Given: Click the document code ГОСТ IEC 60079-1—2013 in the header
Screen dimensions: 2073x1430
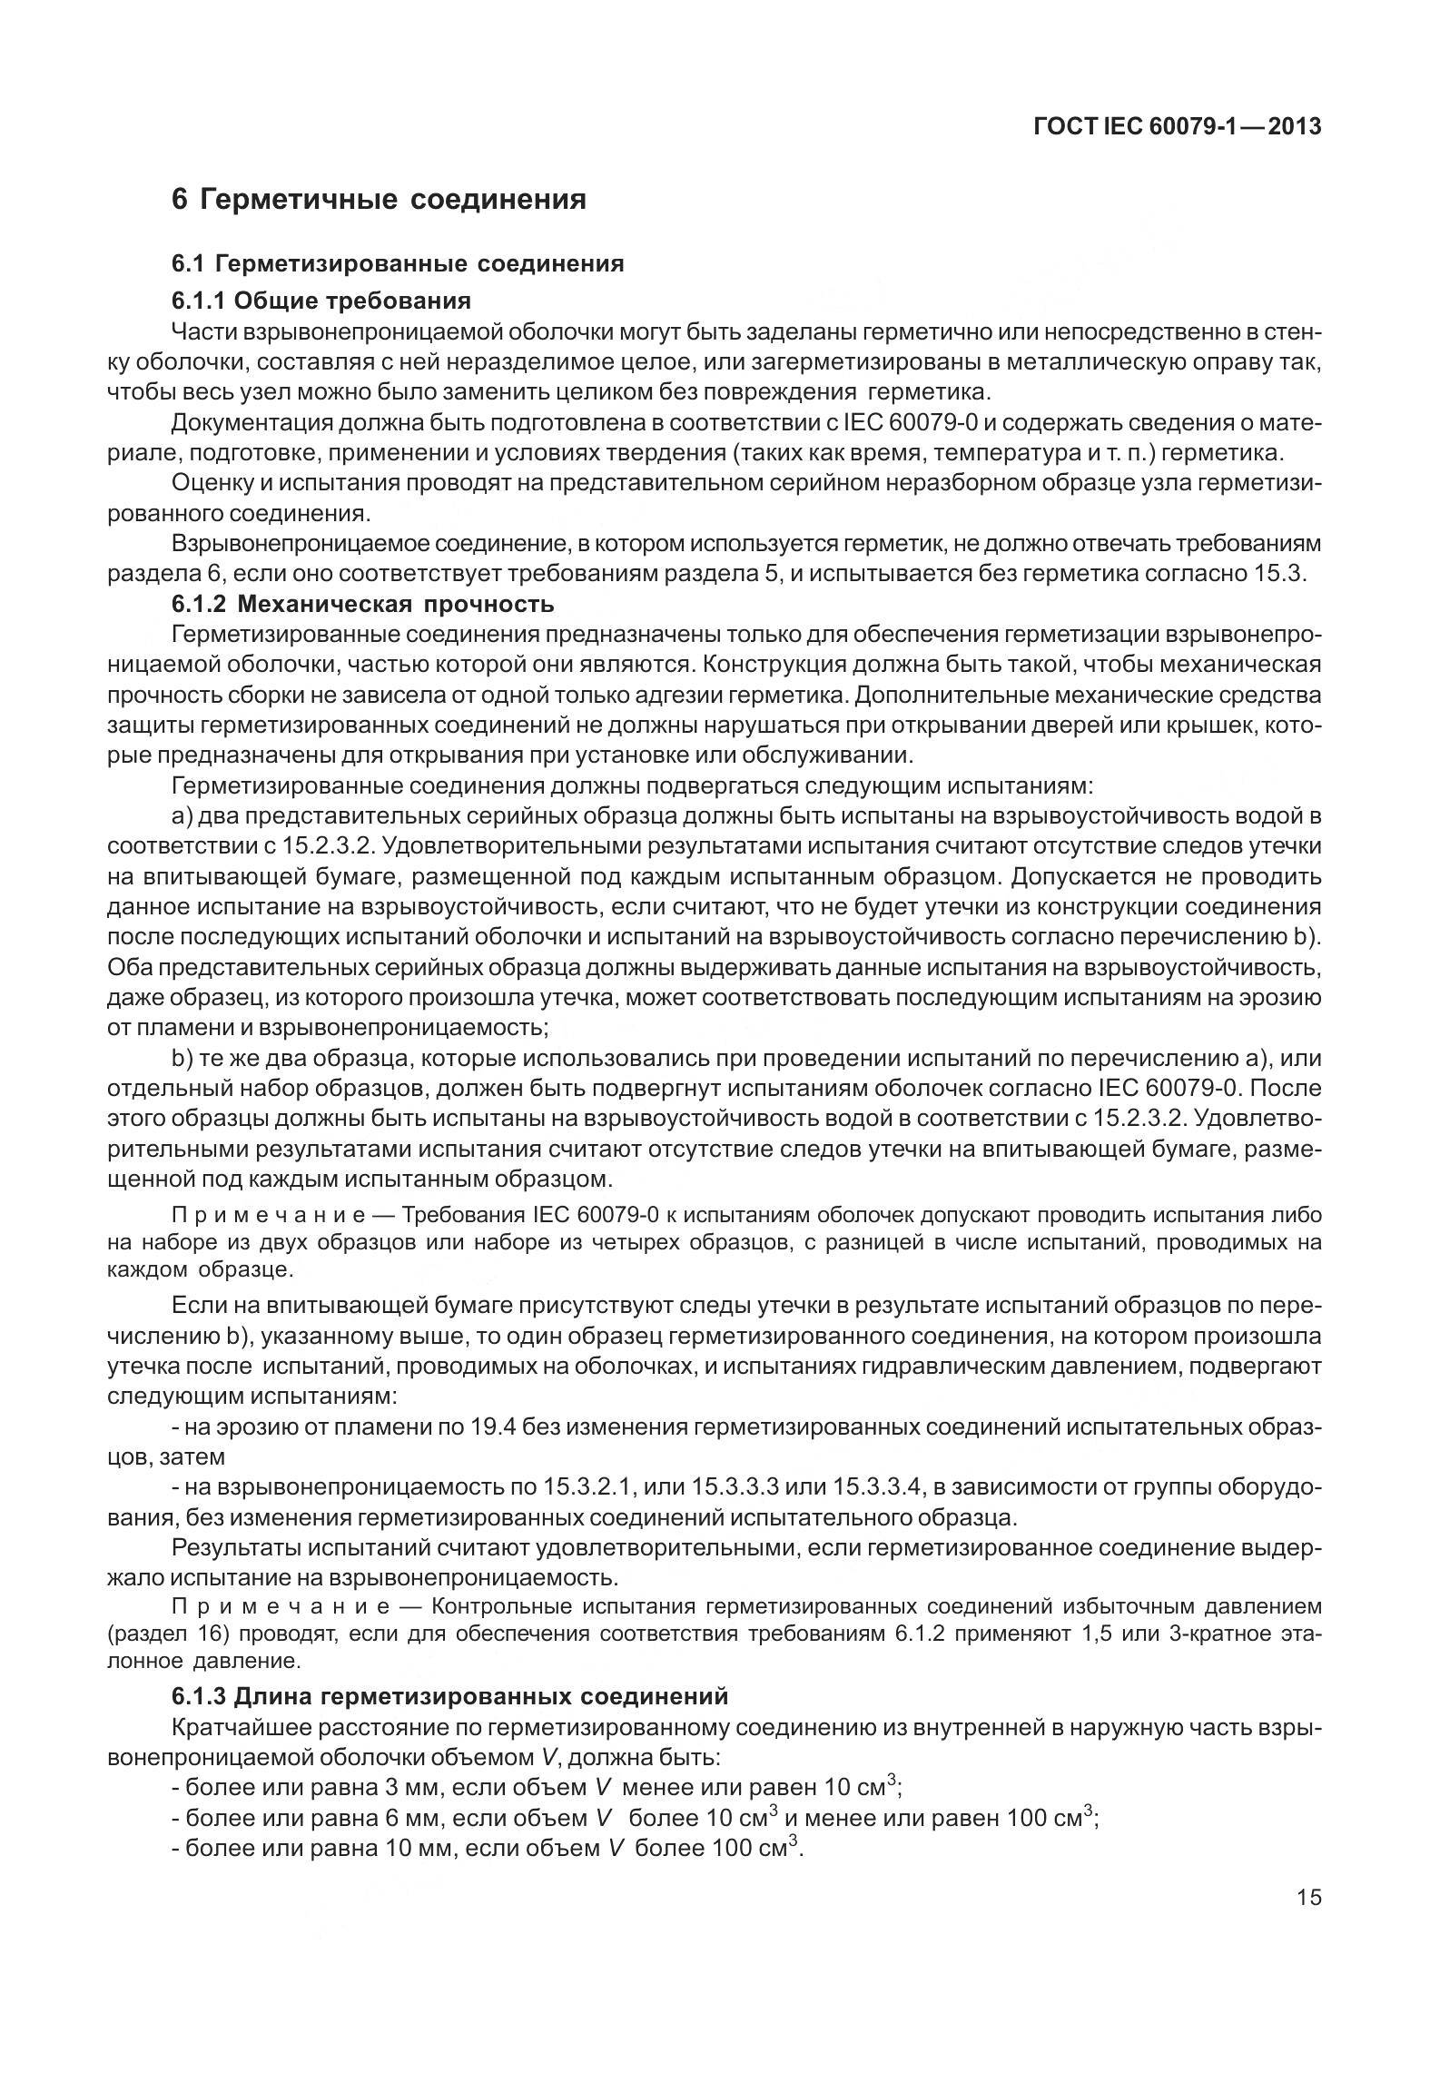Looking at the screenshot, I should pos(1178,126).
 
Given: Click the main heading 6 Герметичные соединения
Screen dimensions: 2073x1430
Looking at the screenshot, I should pos(379,199).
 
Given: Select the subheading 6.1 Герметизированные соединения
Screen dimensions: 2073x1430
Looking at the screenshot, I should pos(398,263).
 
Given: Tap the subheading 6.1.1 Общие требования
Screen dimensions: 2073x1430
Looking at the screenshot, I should pos(321,301).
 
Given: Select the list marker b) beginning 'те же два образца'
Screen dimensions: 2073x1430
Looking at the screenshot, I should pos(180,1059).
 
